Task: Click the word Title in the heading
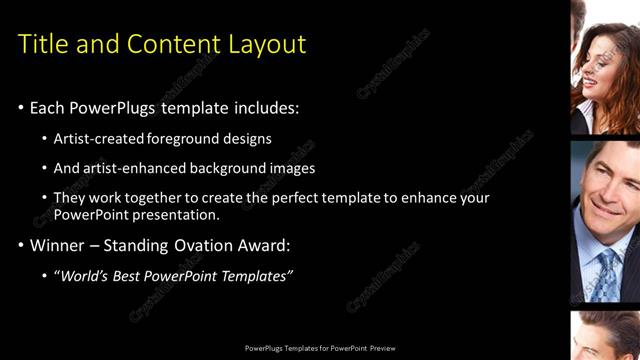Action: coord(43,44)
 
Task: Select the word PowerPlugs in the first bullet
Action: coord(113,107)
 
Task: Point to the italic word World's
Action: coord(83,275)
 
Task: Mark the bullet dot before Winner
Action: coord(21,245)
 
